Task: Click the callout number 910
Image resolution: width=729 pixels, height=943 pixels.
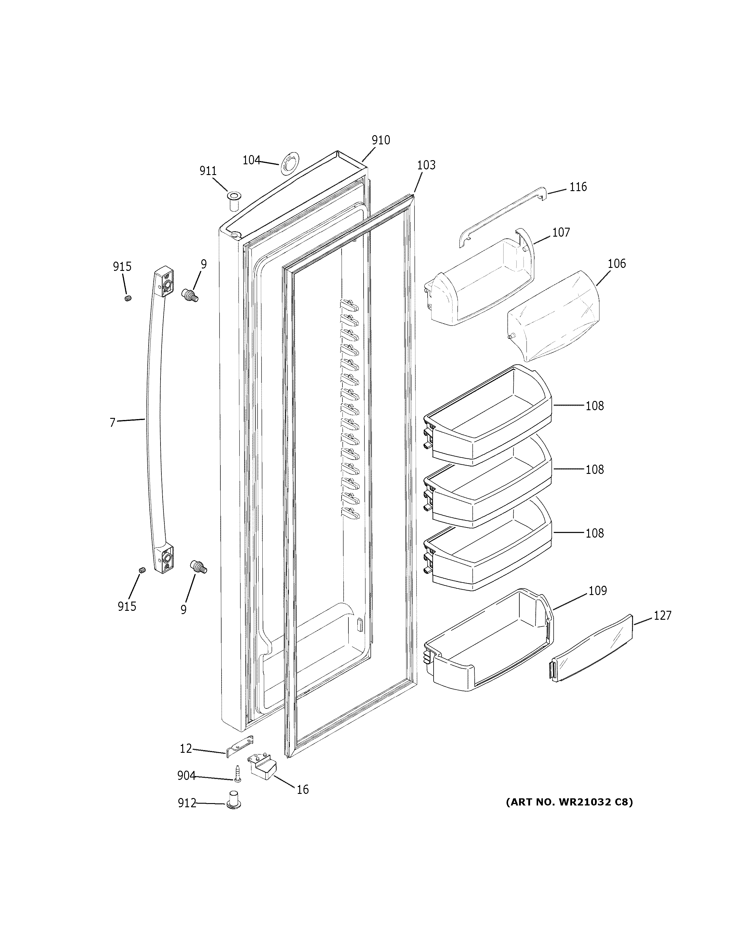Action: click(x=381, y=140)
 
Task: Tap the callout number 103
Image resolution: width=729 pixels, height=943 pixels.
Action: click(x=426, y=165)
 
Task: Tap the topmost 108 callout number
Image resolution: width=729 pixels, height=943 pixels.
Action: click(x=594, y=406)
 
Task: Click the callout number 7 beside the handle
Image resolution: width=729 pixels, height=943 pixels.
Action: click(x=112, y=422)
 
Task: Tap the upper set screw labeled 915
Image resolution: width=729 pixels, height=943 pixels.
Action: click(x=127, y=298)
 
